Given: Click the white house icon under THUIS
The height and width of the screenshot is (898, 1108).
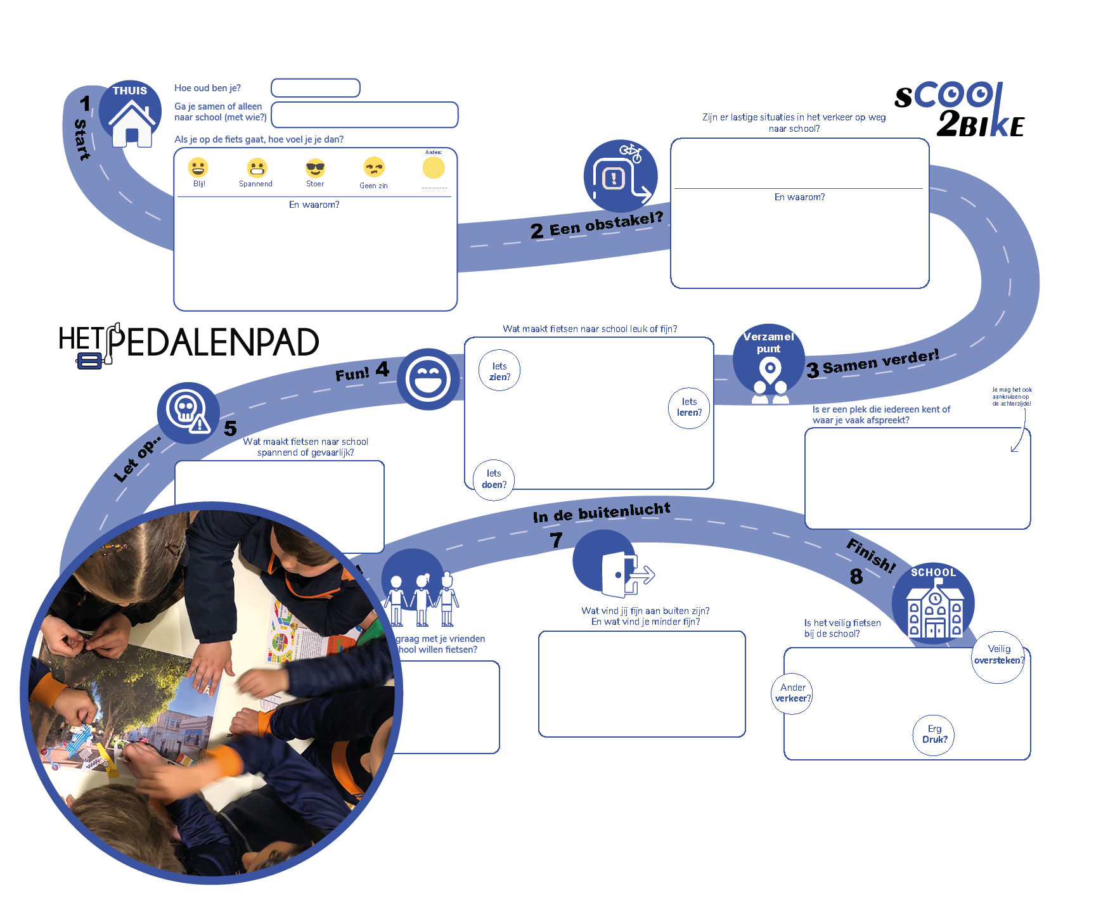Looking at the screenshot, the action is [x=132, y=125].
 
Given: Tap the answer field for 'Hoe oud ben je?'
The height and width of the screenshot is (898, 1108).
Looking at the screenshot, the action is [x=316, y=88].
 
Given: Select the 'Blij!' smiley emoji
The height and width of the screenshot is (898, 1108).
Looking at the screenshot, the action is [x=198, y=167].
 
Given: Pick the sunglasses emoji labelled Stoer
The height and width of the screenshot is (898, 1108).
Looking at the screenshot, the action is [x=315, y=168].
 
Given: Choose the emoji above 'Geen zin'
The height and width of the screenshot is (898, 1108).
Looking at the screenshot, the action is [x=374, y=167].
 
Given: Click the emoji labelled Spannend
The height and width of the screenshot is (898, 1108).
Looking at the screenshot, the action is [x=257, y=168].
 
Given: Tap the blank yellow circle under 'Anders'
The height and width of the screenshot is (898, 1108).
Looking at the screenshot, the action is [x=434, y=168].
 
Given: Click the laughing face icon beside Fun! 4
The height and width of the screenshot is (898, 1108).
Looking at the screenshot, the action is [x=428, y=379].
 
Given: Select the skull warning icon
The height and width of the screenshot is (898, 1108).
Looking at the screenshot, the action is [x=188, y=411].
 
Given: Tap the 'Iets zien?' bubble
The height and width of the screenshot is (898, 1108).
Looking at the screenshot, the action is [x=499, y=371].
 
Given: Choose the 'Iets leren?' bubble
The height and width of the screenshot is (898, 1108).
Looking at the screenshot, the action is [x=689, y=407].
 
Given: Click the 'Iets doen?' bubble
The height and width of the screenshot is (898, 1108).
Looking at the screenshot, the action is [x=494, y=479].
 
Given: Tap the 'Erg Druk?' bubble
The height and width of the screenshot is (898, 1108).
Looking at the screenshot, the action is [x=934, y=734].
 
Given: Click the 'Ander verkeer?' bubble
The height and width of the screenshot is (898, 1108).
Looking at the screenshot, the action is [x=792, y=693].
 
